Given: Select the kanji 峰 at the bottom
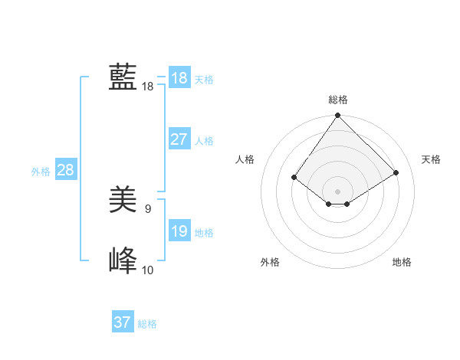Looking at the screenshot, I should pyautogui.click(x=123, y=261).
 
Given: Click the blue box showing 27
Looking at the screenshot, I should pyautogui.click(x=179, y=139).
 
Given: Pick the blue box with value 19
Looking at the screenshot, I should pyautogui.click(x=179, y=231).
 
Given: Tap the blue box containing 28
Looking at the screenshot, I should pyautogui.click(x=65, y=170).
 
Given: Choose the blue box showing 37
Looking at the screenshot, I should pyautogui.click(x=122, y=322).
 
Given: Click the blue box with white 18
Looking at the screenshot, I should pyautogui.click(x=179, y=78).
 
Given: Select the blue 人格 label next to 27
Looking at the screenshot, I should pyautogui.click(x=204, y=141).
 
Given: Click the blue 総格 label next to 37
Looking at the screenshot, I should pyautogui.click(x=147, y=324).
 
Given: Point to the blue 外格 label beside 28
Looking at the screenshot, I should pyautogui.click(x=41, y=172).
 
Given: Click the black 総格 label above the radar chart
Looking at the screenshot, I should pyautogui.click(x=338, y=100).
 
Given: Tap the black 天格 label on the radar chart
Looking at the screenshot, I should pyautogui.click(x=431, y=159).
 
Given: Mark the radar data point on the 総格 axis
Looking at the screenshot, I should pyautogui.click(x=338, y=116).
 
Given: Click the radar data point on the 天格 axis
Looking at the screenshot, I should pyautogui.click(x=396, y=172).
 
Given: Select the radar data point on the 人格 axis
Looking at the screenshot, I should pyautogui.click(x=294, y=177).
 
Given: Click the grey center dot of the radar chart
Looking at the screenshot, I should pyautogui.click(x=338, y=191).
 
